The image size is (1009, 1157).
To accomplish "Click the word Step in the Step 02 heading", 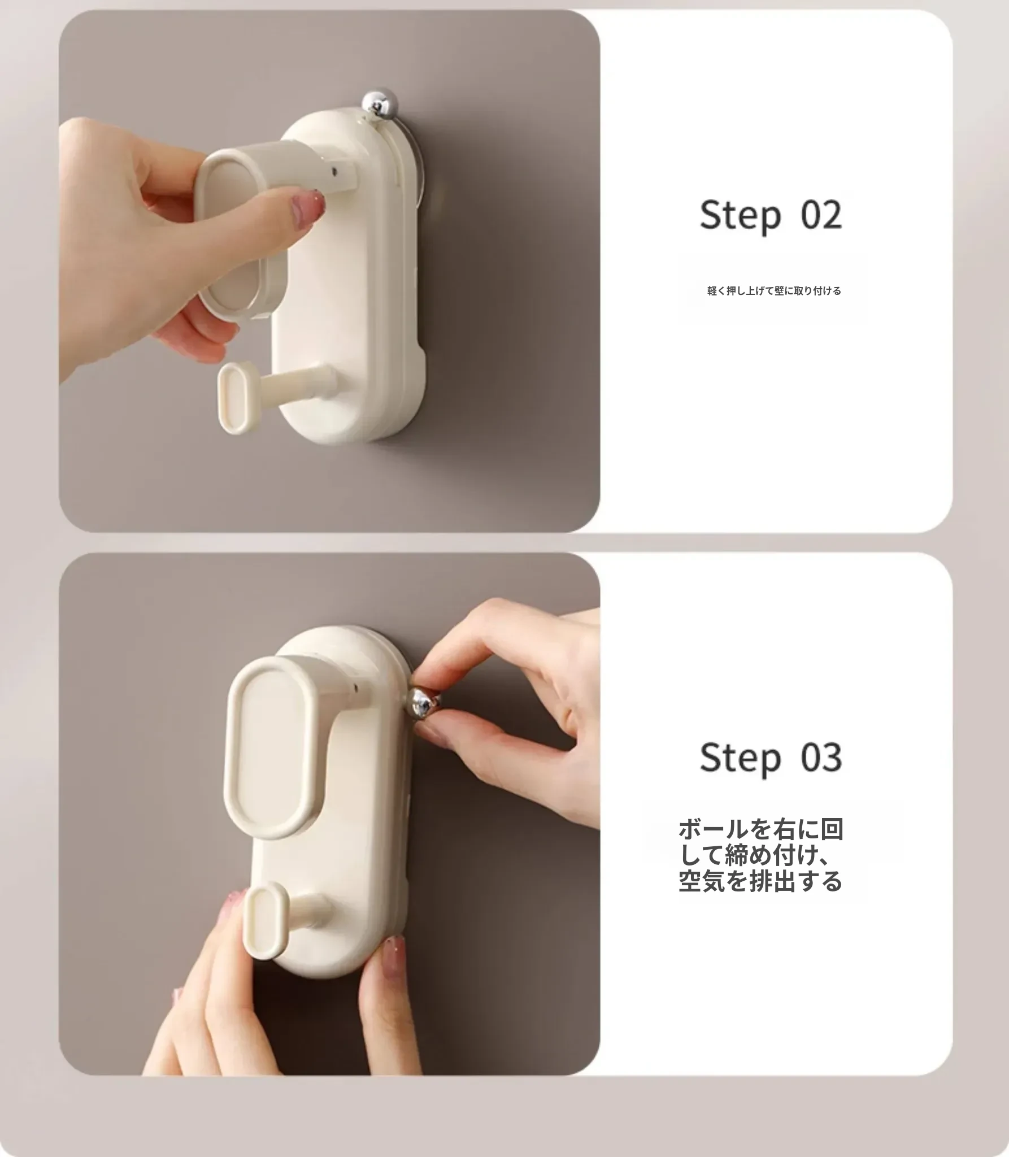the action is (740, 216).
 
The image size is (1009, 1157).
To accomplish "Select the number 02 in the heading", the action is (821, 215).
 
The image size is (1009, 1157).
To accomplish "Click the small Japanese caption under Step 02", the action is (774, 291).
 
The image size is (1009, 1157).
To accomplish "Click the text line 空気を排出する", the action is (761, 882).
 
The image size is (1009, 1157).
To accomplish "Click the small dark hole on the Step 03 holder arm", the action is (355, 689).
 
